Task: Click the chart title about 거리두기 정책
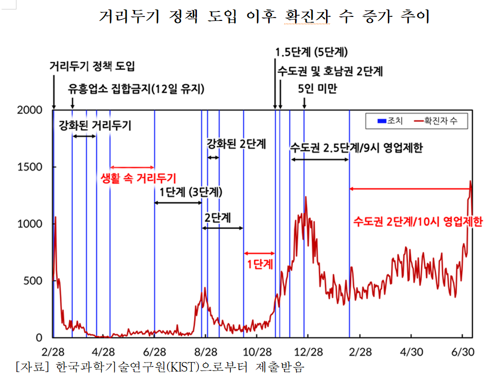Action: (x=264, y=17)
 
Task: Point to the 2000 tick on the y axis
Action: (x=31, y=110)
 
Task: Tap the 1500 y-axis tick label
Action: (x=31, y=167)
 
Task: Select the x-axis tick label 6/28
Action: (x=155, y=352)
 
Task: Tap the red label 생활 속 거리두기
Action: (x=139, y=178)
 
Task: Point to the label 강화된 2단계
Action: (x=236, y=144)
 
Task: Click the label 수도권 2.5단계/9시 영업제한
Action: (x=356, y=148)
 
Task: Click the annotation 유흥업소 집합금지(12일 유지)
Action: (x=136, y=89)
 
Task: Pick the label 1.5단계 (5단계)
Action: (x=312, y=52)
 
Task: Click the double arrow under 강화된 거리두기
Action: (x=84, y=136)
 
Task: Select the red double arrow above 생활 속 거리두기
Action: (x=132, y=167)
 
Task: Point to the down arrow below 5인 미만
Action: (x=304, y=102)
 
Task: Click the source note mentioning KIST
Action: (x=160, y=368)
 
